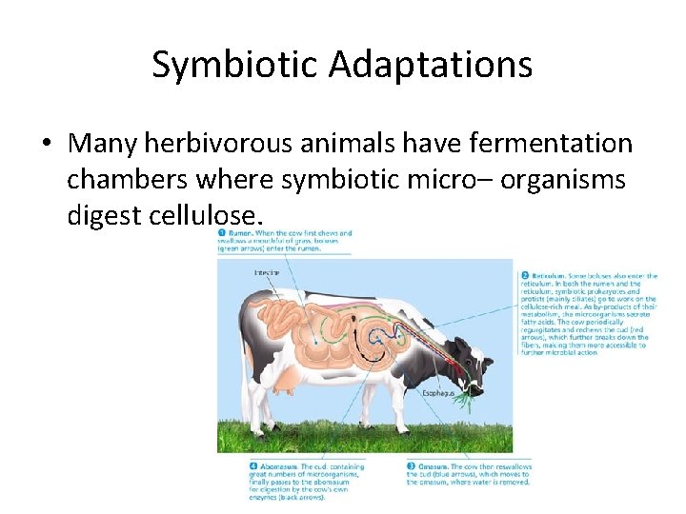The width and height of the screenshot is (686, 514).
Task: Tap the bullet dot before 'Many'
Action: click(47, 145)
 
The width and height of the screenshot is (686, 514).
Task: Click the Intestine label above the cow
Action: click(267, 272)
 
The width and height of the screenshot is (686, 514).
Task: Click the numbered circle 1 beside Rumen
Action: click(222, 234)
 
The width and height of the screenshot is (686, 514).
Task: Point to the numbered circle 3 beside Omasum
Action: click(412, 466)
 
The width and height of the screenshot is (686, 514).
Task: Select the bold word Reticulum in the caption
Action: click(551, 276)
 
